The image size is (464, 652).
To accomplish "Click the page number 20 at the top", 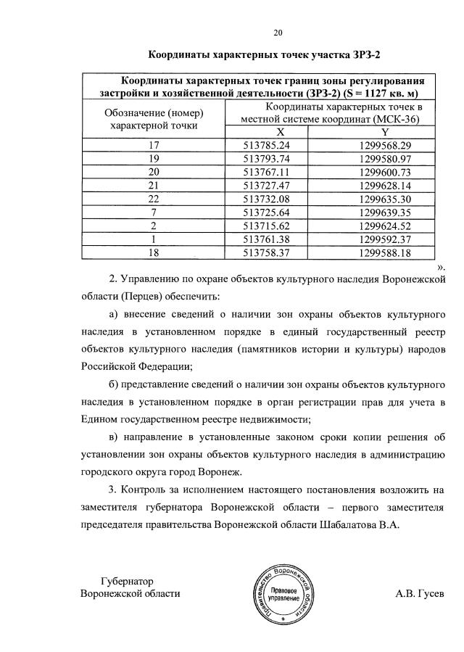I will coord(278,31).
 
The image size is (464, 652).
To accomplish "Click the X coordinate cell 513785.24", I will coord(266,144).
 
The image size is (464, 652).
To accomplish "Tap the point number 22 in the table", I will coord(153,199).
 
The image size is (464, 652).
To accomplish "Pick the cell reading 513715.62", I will coord(266,226).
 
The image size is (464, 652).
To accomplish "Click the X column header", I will coord(266,131).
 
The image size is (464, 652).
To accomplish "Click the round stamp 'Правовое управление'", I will coord(281,593).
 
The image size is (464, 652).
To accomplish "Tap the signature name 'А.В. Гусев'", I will coord(420,593).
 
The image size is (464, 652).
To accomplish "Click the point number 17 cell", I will coord(153,144).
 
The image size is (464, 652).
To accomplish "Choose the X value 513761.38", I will coord(266,239).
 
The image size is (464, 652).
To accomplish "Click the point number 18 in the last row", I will coord(153,252).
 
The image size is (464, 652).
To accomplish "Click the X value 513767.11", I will coord(266,172).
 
